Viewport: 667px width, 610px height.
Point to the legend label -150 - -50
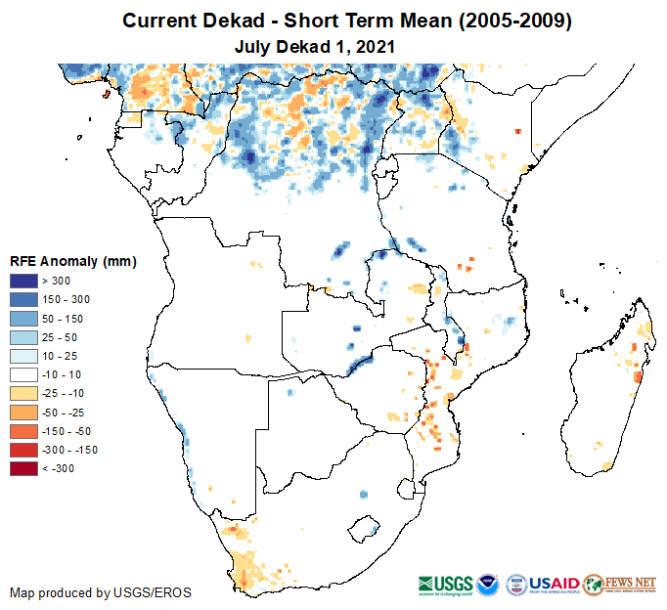coord(71,431)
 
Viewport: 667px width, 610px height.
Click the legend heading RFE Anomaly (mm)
coord(72,261)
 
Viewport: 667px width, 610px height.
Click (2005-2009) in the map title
coord(509,21)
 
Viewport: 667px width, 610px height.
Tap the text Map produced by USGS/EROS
coord(100,592)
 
